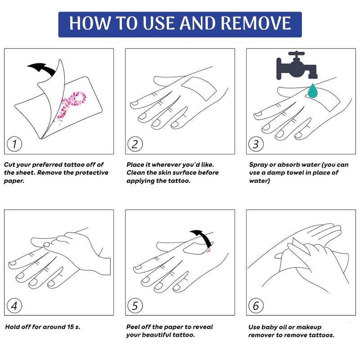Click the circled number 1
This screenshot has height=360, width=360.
(x=14, y=144)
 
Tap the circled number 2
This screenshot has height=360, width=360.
(x=135, y=144)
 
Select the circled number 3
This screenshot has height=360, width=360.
(x=256, y=144)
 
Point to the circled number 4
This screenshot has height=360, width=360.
(x=14, y=306)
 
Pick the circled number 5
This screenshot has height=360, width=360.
(x=135, y=306)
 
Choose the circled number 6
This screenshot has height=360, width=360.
(x=256, y=306)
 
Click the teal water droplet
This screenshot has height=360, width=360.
(x=312, y=91)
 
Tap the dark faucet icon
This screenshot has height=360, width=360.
(x=297, y=65)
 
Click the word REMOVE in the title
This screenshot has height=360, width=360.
(x=256, y=23)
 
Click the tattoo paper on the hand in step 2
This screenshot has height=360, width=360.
(x=199, y=89)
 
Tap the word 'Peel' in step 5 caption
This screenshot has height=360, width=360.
(x=133, y=327)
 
